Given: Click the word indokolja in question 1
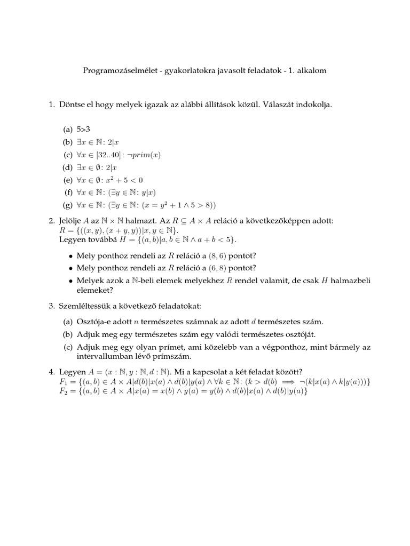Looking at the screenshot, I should [x=314, y=105].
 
